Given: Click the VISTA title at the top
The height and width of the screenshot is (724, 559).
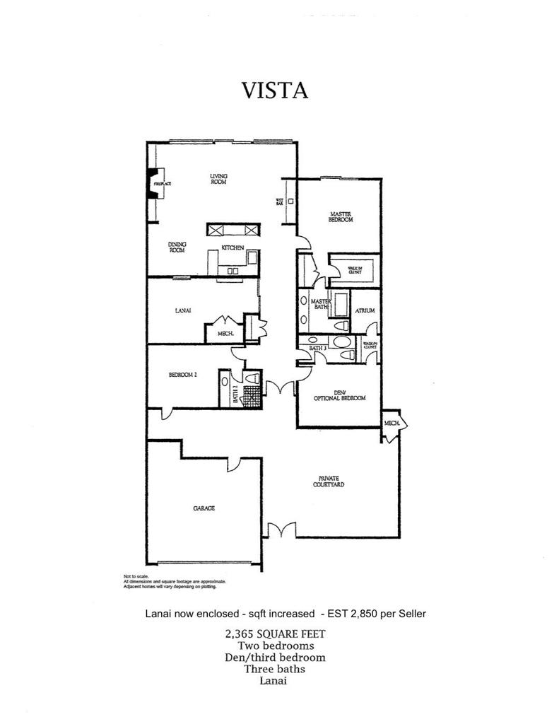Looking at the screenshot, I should tap(275, 91).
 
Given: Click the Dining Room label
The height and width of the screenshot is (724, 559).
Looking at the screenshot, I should tap(177, 247).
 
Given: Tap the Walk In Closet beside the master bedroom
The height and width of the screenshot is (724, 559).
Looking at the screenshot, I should tap(355, 270).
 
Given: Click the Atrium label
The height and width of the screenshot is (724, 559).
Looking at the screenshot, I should tap(365, 310).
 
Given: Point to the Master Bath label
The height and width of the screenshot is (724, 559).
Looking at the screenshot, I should tap(322, 304).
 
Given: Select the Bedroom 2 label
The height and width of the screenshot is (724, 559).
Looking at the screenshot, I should tap(182, 375).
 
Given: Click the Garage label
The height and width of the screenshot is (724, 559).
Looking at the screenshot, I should tap(204, 508).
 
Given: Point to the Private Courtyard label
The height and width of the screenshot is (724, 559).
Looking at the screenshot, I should tap(328, 481).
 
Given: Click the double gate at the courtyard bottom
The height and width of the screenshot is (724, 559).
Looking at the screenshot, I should tap(281, 531).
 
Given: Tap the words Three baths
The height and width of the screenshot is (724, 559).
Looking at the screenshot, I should tap(275, 669).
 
